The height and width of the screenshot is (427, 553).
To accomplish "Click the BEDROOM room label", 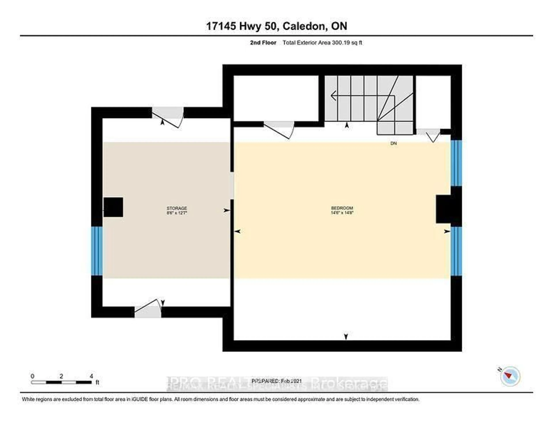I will coord(342,208).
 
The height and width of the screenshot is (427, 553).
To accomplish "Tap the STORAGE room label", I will coord(177,208).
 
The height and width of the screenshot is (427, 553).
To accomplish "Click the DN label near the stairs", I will coord(393,143).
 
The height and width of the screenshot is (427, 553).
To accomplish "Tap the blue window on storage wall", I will coord(97,251).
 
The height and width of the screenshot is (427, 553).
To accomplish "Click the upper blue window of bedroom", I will coord(456,163).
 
